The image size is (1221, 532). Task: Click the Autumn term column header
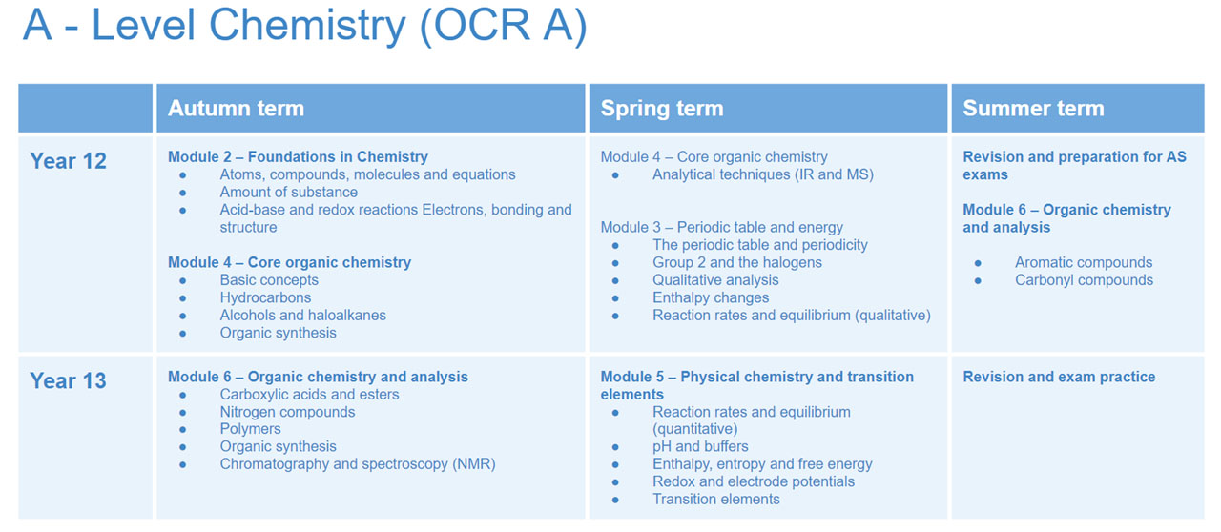[236, 108]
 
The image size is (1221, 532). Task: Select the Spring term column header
[662, 108]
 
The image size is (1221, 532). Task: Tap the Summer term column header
[1033, 108]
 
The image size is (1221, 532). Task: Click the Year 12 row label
[68, 161]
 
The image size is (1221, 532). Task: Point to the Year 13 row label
[68, 380]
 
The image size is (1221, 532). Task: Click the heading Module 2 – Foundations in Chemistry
[298, 157]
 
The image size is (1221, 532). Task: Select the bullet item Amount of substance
[288, 192]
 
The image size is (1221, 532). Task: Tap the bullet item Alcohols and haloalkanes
[302, 315]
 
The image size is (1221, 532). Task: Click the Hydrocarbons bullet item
[265, 297]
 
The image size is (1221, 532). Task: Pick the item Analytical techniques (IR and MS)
[762, 174]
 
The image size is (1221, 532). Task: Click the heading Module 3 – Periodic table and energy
[722, 227]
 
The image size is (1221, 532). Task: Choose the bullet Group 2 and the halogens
[737, 262]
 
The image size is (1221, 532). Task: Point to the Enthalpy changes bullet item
[711, 297]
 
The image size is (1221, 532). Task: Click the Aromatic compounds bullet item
[1083, 262]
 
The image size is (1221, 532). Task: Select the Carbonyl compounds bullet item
[1084, 280]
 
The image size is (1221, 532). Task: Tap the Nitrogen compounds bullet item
[287, 412]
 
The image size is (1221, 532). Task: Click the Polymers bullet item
[250, 429]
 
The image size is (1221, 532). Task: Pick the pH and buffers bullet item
[700, 446]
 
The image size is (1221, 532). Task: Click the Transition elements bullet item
[715, 500]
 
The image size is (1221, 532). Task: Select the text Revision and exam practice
[1059, 377]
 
